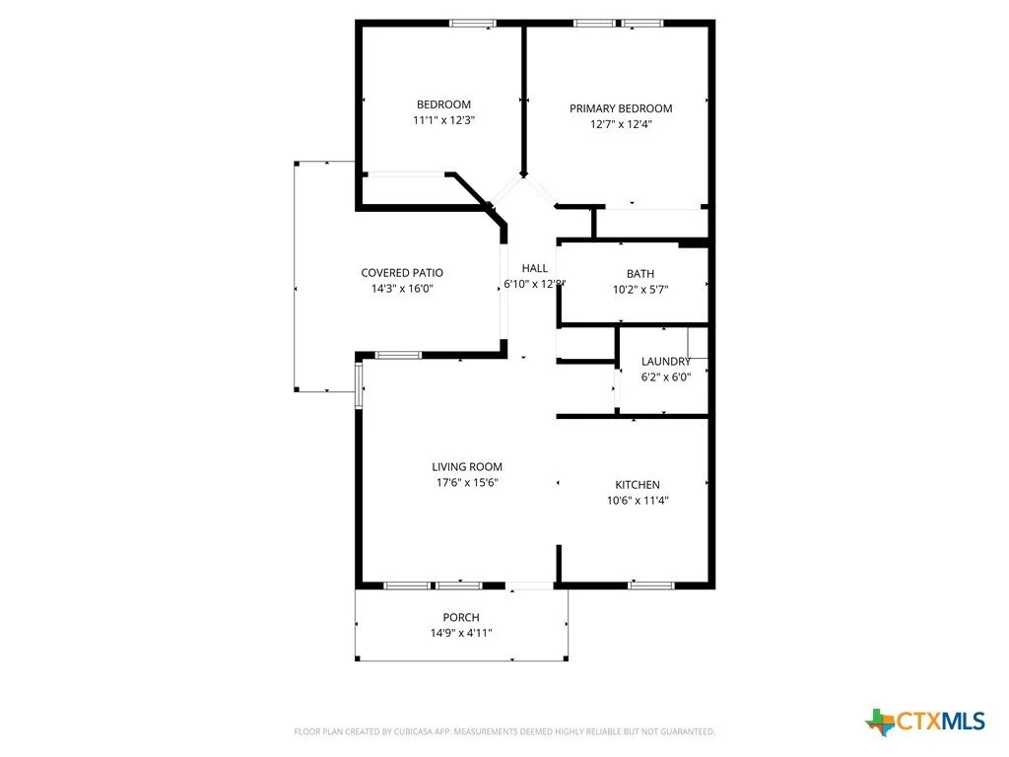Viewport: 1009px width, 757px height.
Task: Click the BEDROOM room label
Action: pos(443,104)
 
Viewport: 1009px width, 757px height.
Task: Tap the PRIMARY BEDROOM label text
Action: pos(621,108)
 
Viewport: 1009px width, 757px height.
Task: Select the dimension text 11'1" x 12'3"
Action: pos(443,121)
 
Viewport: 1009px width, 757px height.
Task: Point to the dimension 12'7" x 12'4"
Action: pos(621,125)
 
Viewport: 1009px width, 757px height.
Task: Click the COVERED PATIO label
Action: pos(402,273)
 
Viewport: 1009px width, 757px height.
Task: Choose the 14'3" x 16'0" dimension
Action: pos(402,290)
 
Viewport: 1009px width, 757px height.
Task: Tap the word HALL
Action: pos(534,268)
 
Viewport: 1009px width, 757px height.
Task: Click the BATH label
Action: pos(639,274)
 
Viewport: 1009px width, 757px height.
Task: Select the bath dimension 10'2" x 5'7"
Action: pos(639,291)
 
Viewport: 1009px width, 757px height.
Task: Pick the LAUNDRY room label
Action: pos(666,362)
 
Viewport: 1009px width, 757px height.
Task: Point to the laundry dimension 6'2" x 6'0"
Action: pos(666,378)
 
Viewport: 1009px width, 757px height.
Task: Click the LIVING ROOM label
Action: pos(467,467)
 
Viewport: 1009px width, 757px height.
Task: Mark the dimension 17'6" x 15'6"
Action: pos(467,483)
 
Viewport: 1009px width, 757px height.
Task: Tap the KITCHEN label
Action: pos(638,485)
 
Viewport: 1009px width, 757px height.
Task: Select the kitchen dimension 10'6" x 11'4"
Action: pos(638,501)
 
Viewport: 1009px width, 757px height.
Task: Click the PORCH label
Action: pos(461,618)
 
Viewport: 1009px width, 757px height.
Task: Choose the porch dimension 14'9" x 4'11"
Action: pos(461,634)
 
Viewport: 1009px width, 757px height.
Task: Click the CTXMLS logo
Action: pos(925,722)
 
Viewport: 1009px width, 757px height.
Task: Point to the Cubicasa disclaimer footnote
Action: pos(504,732)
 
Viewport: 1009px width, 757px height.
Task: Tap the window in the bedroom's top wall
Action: pos(472,24)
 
